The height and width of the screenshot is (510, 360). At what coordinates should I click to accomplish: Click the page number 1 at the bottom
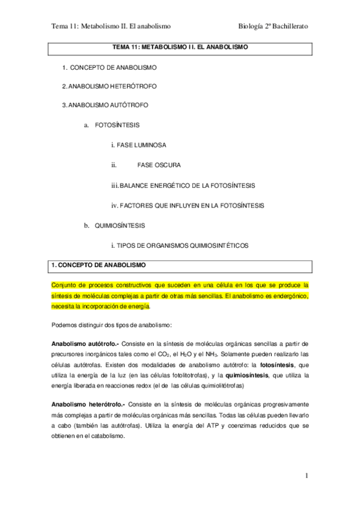coord(307,476)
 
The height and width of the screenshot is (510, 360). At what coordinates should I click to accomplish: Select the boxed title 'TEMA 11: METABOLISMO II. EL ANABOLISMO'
coord(180,46)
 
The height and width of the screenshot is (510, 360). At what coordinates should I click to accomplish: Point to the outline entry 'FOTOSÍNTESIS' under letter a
coord(117,125)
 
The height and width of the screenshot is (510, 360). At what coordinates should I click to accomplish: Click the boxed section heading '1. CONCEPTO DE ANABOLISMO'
coord(98,265)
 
